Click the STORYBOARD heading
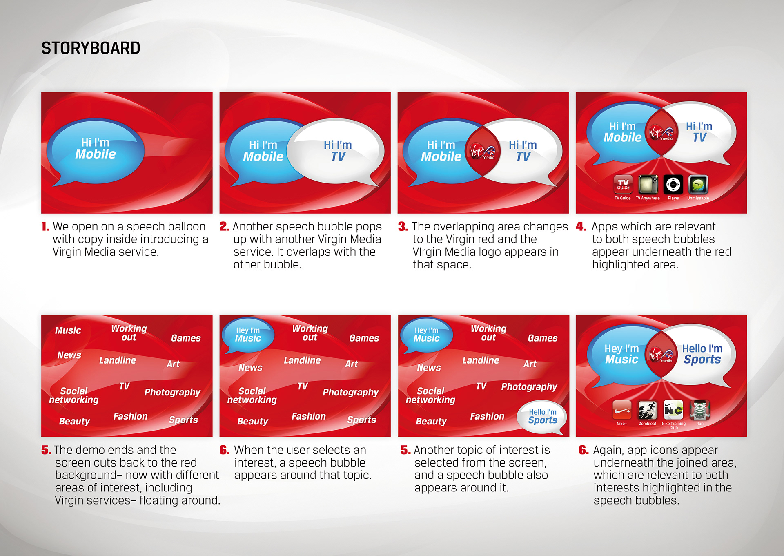pyautogui.click(x=91, y=48)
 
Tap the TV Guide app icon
pyautogui.click(x=623, y=184)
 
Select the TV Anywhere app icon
pyautogui.click(x=648, y=184)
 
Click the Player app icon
pyautogui.click(x=673, y=184)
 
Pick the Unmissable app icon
pyautogui.click(x=698, y=184)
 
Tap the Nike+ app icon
pyautogui.click(x=622, y=410)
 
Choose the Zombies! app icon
pyautogui.click(x=648, y=410)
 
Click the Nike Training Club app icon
pyautogui.click(x=673, y=410)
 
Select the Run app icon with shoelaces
pyautogui.click(x=699, y=410)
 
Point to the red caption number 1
pyautogui.click(x=45, y=227)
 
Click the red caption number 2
pyautogui.click(x=224, y=227)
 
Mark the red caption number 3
pyautogui.click(x=403, y=227)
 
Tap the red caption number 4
pyautogui.click(x=581, y=227)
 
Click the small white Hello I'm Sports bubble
pyautogui.click(x=542, y=418)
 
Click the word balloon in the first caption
pyautogui.click(x=185, y=227)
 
